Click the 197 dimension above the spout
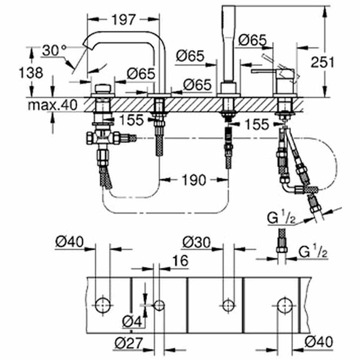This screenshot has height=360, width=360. [x=124, y=19]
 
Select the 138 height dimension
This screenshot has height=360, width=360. [x=30, y=73]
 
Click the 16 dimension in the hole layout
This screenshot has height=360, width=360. [x=181, y=261]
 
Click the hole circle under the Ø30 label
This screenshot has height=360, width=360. [x=228, y=305]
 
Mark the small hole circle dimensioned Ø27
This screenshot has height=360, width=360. [x=159, y=305]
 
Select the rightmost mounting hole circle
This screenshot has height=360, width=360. [x=285, y=305]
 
